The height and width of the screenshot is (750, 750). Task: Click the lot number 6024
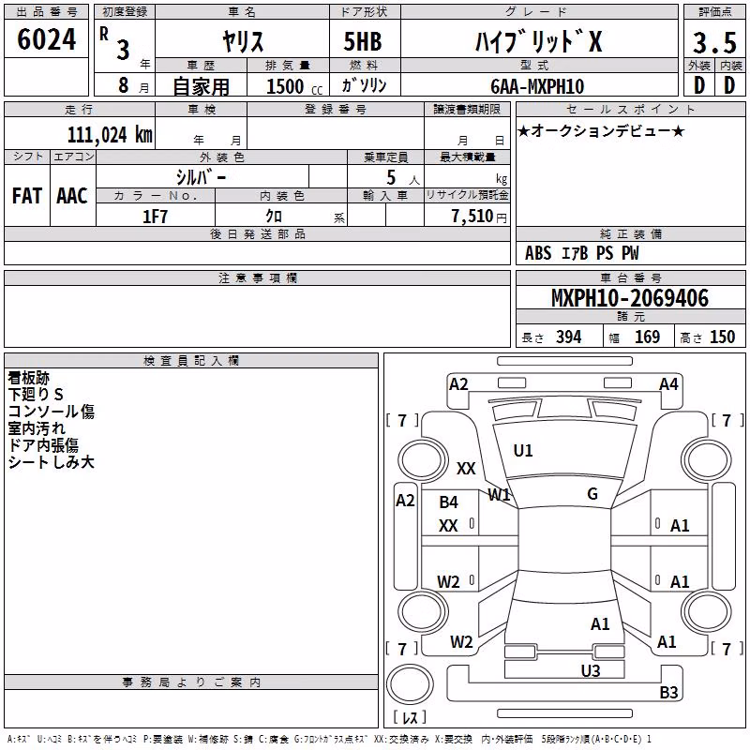[46, 39]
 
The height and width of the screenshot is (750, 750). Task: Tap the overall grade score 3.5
[714, 42]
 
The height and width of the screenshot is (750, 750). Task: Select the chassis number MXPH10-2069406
[630, 298]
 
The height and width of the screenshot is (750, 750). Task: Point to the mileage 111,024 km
[110, 135]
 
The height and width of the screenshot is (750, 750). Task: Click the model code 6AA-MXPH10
[537, 86]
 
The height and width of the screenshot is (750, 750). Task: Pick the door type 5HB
[363, 41]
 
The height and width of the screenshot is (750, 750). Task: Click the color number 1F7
[155, 217]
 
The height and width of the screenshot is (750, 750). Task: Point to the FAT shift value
[27, 196]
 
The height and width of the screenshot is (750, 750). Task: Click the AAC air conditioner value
[72, 196]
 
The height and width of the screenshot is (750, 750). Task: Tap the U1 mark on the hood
[523, 451]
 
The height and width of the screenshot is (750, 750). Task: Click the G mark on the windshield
[592, 494]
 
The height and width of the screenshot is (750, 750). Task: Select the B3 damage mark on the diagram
[668, 692]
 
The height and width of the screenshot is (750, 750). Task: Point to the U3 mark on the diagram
[591, 671]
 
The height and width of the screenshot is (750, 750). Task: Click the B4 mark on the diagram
[449, 502]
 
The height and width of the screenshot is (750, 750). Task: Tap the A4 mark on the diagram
[668, 384]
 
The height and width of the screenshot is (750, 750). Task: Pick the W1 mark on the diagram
[499, 495]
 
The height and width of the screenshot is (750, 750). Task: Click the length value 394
[569, 337]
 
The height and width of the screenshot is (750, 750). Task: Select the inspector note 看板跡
[29, 378]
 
